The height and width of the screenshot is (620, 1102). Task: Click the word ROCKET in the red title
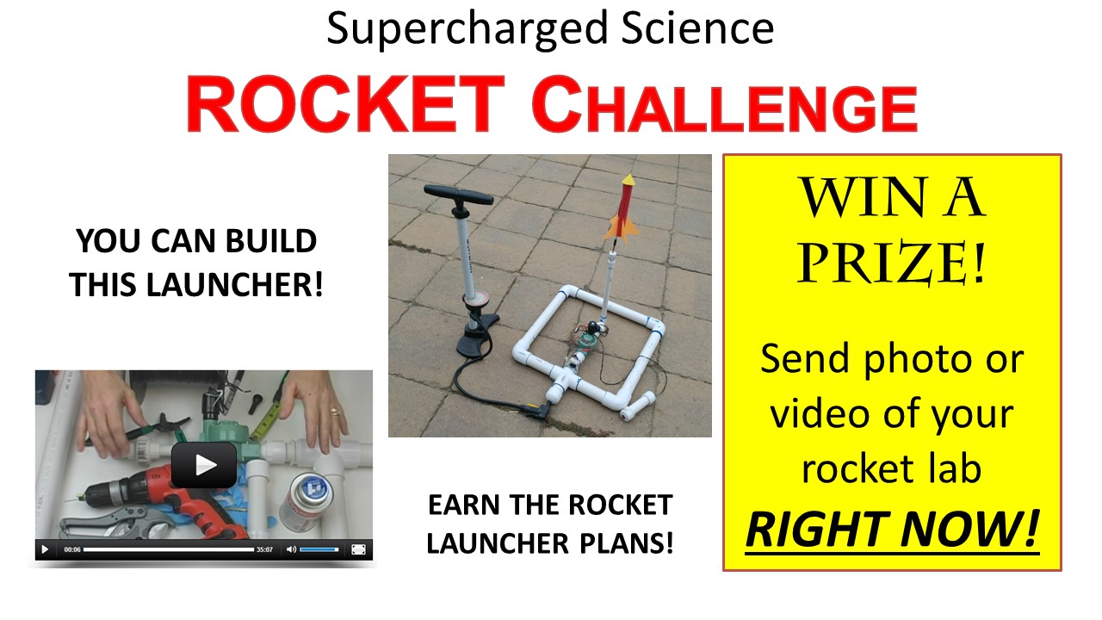(345, 104)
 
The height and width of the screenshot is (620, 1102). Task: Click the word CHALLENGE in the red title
(725, 104)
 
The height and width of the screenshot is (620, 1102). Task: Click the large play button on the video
(204, 465)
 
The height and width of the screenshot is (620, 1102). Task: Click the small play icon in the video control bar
(45, 549)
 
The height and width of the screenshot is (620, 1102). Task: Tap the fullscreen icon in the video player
(358, 549)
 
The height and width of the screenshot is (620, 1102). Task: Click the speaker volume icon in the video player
(291, 549)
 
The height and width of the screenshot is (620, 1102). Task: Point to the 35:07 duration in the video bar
(264, 549)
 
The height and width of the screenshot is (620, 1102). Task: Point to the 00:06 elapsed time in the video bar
(72, 549)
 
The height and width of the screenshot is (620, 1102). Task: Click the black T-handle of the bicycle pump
(458, 195)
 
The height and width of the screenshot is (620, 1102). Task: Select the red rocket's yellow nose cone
(628, 180)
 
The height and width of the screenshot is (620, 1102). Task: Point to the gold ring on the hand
(335, 412)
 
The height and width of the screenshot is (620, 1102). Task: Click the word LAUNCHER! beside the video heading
(235, 284)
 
